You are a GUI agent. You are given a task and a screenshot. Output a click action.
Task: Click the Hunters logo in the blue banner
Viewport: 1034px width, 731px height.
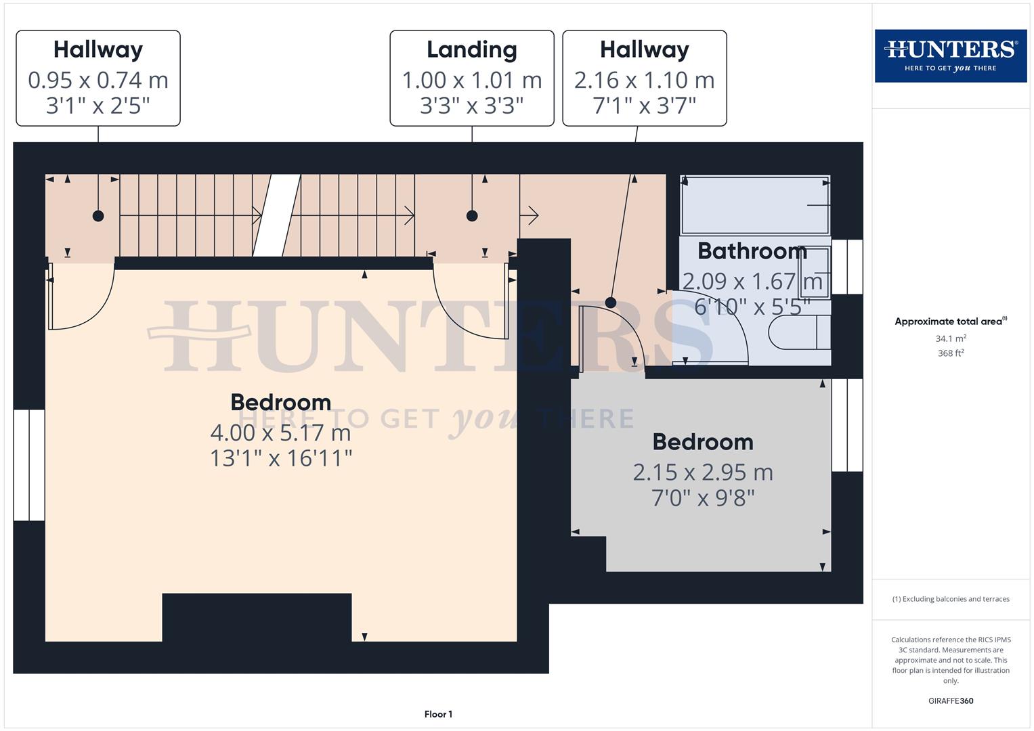click(950, 56)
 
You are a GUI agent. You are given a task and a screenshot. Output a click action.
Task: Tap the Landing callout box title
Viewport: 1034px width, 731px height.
click(471, 49)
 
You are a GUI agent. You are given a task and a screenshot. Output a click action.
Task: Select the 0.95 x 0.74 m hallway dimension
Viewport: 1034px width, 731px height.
click(98, 81)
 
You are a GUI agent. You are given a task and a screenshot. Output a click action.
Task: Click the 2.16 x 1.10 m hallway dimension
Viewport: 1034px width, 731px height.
click(644, 81)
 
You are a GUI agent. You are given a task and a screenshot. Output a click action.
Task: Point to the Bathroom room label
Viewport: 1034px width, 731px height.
click(752, 251)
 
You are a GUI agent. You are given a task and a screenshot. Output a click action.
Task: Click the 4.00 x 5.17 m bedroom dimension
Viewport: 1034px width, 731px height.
click(280, 432)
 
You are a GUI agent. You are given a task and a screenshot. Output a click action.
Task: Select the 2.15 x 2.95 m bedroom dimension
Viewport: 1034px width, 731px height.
click(703, 472)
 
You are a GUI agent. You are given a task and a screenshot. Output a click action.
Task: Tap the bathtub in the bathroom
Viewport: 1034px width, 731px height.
click(754, 204)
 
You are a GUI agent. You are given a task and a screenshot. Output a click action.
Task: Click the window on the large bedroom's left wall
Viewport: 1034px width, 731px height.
click(29, 465)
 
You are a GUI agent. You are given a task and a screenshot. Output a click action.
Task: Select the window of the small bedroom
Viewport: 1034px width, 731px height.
click(846, 424)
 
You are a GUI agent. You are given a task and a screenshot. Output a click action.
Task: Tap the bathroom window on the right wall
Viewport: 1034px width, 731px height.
click(846, 267)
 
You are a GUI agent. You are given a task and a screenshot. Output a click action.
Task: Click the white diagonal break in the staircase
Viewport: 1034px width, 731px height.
click(277, 215)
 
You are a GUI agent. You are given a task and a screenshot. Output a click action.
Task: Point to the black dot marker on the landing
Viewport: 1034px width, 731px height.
click(472, 216)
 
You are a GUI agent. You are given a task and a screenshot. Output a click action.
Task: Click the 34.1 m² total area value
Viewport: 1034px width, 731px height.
click(951, 338)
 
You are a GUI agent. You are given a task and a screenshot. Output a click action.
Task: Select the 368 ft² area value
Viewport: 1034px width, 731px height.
click(951, 353)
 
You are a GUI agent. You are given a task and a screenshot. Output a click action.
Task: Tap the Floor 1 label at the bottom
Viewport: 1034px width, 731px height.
click(438, 714)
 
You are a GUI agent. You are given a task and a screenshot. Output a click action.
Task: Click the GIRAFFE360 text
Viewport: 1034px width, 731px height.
click(951, 701)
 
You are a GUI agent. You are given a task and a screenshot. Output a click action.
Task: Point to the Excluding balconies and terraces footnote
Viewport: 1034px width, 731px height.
click(951, 599)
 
